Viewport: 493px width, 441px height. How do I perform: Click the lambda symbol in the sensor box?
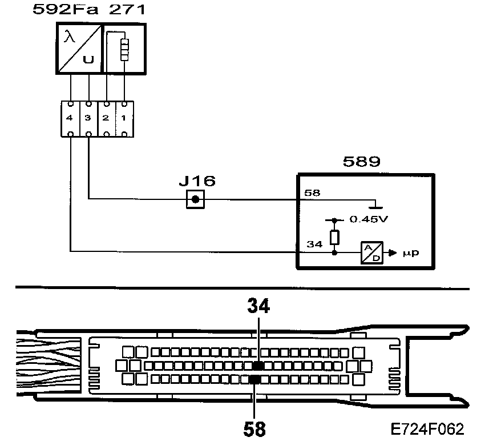click(x=70, y=38)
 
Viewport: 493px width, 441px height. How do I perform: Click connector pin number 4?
click(x=69, y=118)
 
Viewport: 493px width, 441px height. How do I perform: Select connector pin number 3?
click(x=87, y=118)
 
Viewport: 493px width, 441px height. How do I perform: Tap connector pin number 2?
click(x=106, y=118)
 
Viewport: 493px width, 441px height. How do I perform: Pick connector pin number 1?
click(x=124, y=118)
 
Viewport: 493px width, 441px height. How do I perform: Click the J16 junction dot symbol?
click(x=195, y=199)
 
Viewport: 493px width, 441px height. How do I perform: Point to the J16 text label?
click(x=197, y=182)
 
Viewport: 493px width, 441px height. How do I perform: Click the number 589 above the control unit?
click(x=361, y=162)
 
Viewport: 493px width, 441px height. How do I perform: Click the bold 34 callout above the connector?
click(x=258, y=307)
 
